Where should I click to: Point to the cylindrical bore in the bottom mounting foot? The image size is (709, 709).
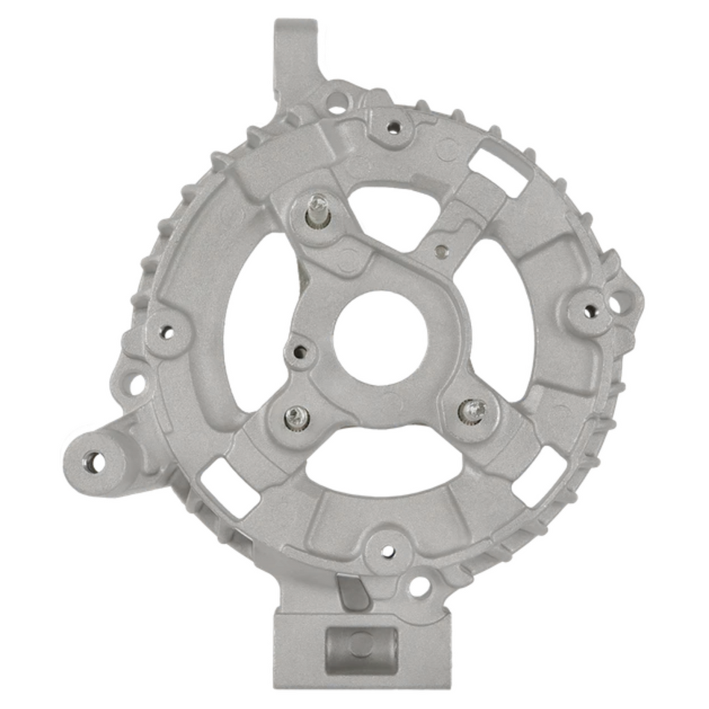point(360,643)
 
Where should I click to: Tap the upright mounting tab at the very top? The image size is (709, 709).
point(295,52)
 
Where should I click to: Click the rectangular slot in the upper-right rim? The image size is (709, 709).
point(499,173)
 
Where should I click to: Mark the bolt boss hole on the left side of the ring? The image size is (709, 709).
point(166,331)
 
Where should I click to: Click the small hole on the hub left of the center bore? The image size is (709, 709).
point(300,349)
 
